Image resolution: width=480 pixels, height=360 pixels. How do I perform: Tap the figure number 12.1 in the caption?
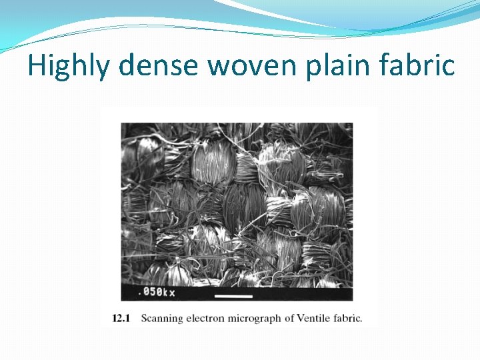click(121, 318)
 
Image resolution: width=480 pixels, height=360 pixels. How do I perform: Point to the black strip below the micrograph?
click(300, 294)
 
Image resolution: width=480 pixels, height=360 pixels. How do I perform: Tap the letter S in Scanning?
click(144, 318)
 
